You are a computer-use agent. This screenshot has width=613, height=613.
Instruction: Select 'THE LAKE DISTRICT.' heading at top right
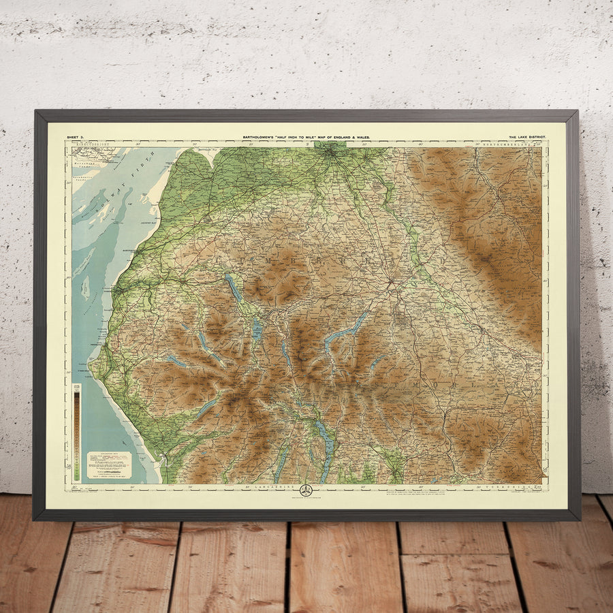tap(526, 138)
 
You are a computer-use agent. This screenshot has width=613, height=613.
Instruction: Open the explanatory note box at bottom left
tap(109, 465)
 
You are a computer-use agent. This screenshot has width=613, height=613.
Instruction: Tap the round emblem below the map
tap(306, 490)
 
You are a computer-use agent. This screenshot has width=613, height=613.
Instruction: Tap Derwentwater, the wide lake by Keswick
tap(257, 330)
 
